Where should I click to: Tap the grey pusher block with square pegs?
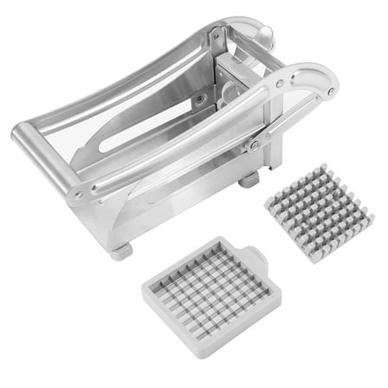coord(320,215)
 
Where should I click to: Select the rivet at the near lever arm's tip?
coord(331,89)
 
